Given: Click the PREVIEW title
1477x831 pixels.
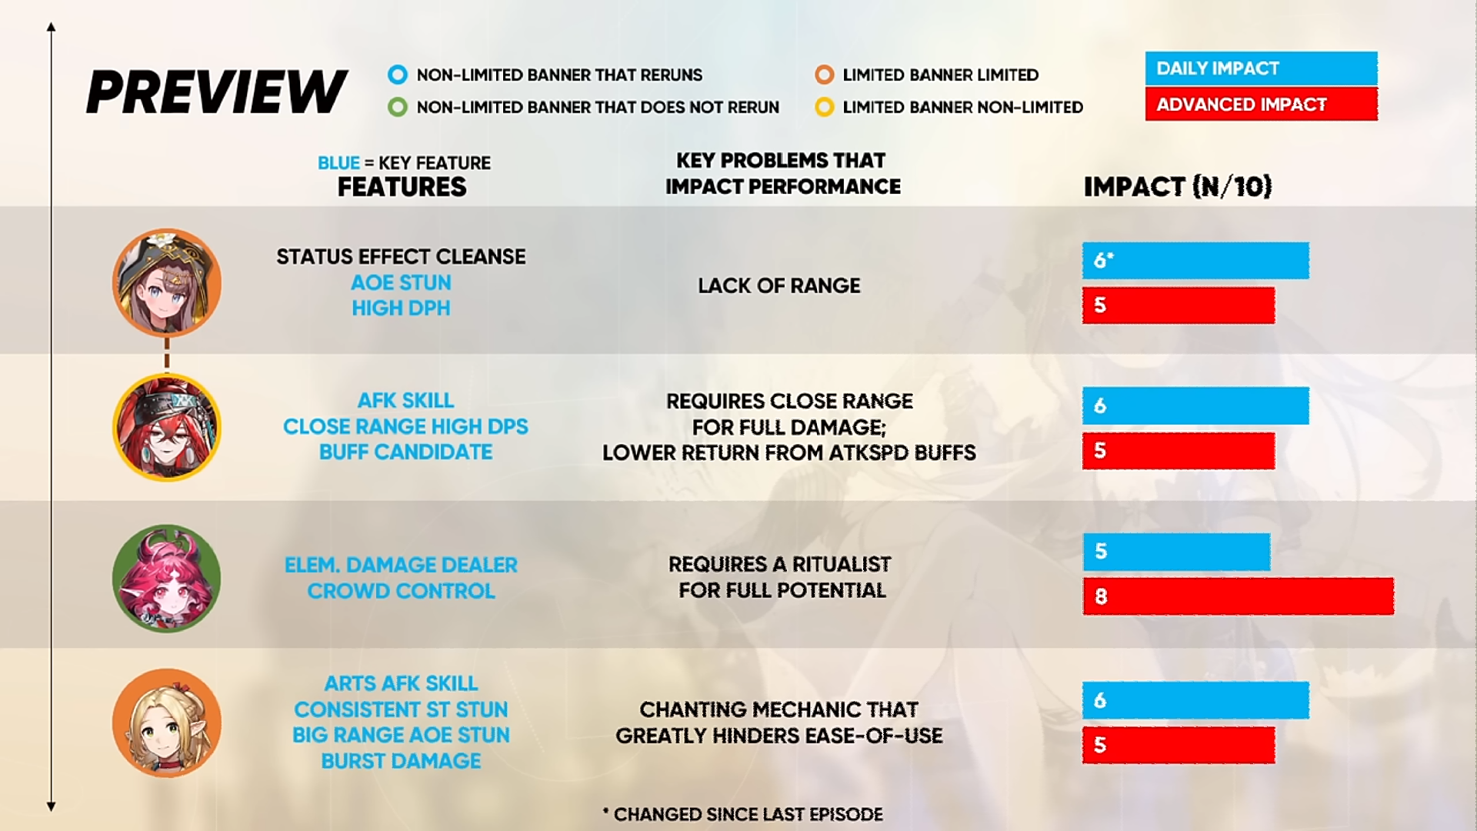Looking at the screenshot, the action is click(217, 92).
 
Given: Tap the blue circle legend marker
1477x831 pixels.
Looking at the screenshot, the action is click(398, 75).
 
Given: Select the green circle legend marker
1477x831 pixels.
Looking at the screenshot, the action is click(398, 107).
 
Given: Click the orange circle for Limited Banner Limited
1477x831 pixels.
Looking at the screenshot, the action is click(825, 75).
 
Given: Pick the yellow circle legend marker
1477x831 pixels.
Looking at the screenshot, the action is click(825, 107).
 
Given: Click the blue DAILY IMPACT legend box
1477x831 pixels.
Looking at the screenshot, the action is click(1261, 68).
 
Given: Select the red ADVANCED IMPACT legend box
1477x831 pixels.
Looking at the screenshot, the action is click(1261, 104).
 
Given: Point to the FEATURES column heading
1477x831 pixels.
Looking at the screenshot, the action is click(402, 187).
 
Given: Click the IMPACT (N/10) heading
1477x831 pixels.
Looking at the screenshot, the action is click(1178, 187).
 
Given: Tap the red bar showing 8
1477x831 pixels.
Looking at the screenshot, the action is click(1239, 596).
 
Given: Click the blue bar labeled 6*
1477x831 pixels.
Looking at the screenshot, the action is click(1195, 261).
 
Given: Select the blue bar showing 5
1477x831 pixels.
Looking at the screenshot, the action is click(1176, 552).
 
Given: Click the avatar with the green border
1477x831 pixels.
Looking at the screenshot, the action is click(167, 579).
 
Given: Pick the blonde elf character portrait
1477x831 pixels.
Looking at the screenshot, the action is click(167, 723).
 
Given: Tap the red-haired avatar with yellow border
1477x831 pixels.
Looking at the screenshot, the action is click(167, 427).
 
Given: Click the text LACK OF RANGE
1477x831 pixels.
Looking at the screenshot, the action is click(779, 285).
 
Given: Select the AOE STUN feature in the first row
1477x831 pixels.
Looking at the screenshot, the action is click(401, 282).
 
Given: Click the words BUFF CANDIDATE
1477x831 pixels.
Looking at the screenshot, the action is click(406, 452).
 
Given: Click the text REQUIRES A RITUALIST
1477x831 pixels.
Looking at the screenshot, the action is click(780, 564).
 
